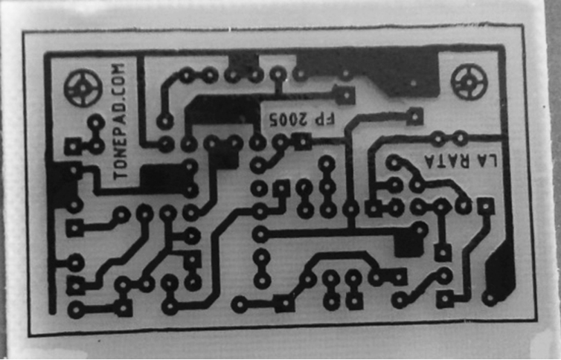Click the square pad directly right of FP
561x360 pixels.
point(344,94)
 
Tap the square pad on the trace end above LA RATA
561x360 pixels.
point(415,115)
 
